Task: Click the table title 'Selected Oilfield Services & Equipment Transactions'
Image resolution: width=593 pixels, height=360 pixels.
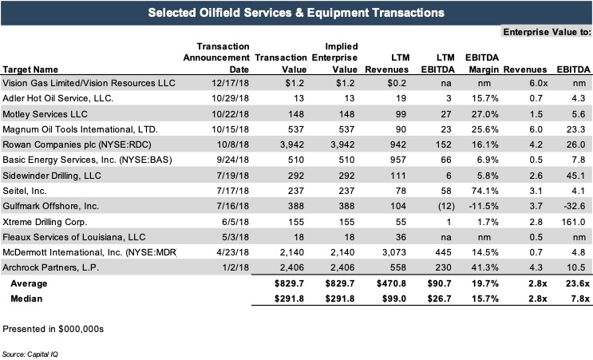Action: click(296, 13)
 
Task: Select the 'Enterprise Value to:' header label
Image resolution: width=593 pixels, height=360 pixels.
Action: click(546, 32)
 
